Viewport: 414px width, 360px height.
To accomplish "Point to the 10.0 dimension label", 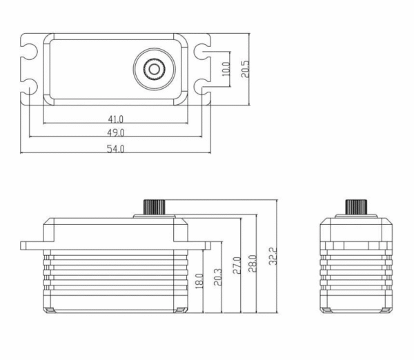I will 224,68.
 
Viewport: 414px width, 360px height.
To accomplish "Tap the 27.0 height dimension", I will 235,266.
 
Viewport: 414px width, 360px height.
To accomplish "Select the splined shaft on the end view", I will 355,207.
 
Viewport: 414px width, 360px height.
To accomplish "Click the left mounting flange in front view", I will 32,244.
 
